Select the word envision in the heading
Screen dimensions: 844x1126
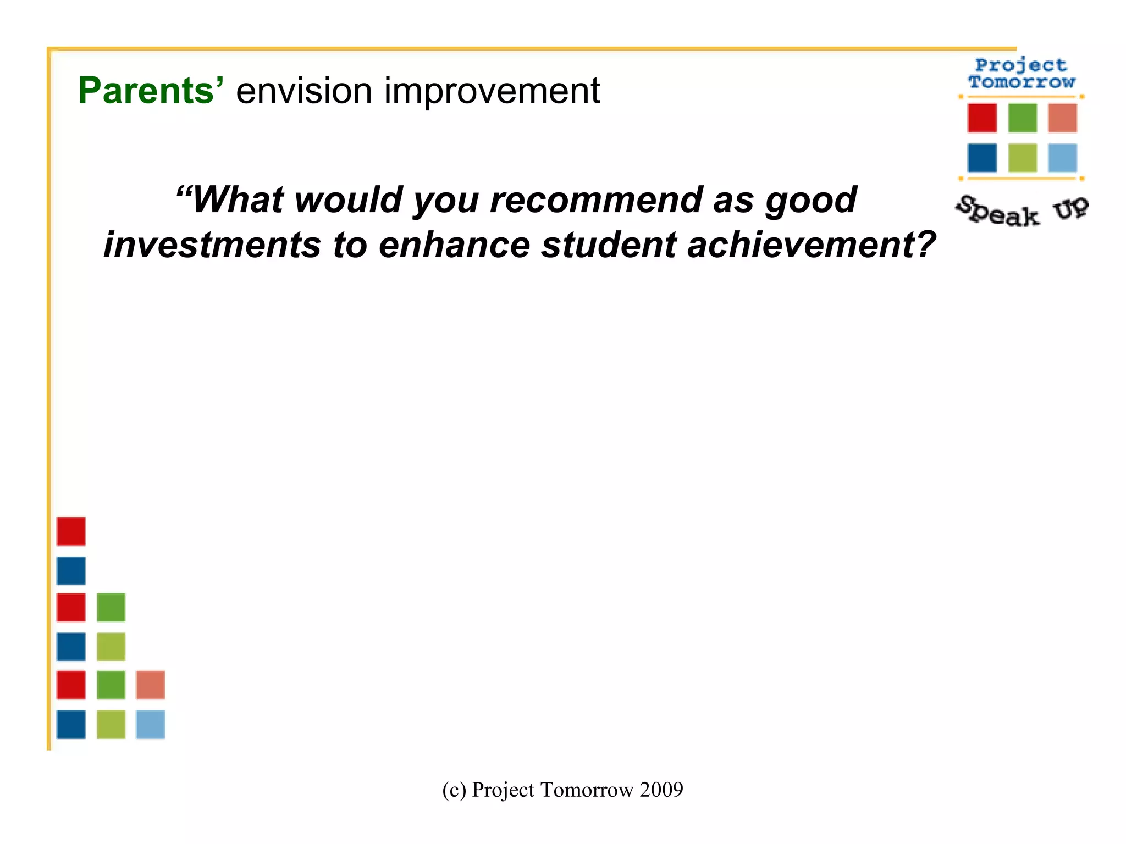(304, 91)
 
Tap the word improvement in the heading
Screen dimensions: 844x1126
(492, 91)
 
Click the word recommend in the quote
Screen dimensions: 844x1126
(596, 199)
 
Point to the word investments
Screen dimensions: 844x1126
(212, 245)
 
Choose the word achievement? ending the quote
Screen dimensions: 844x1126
(812, 245)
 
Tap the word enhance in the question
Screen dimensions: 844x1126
(454, 245)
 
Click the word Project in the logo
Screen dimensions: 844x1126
(1021, 65)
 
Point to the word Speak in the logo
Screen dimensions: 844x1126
(997, 212)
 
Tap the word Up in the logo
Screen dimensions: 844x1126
(1070, 208)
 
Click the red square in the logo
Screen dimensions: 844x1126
(982, 118)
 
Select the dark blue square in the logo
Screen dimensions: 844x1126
(982, 158)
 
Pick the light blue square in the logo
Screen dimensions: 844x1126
(1062, 158)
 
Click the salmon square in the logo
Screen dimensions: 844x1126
(1062, 118)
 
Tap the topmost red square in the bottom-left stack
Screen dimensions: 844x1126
(71, 531)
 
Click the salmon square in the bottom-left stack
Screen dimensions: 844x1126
(150, 685)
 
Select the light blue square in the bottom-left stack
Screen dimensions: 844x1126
(150, 724)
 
